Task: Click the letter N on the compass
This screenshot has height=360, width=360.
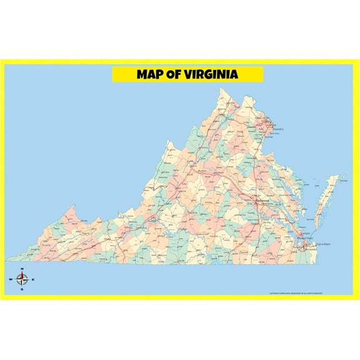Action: [22, 269]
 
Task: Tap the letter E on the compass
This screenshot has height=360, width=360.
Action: [33, 279]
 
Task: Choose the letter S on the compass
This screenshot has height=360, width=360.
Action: [22, 289]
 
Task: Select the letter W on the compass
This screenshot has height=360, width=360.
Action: [11, 279]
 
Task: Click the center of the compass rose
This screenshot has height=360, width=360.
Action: [22, 279]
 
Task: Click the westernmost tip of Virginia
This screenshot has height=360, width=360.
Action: [7, 259]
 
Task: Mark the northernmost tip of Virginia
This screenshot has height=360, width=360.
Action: [220, 88]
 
